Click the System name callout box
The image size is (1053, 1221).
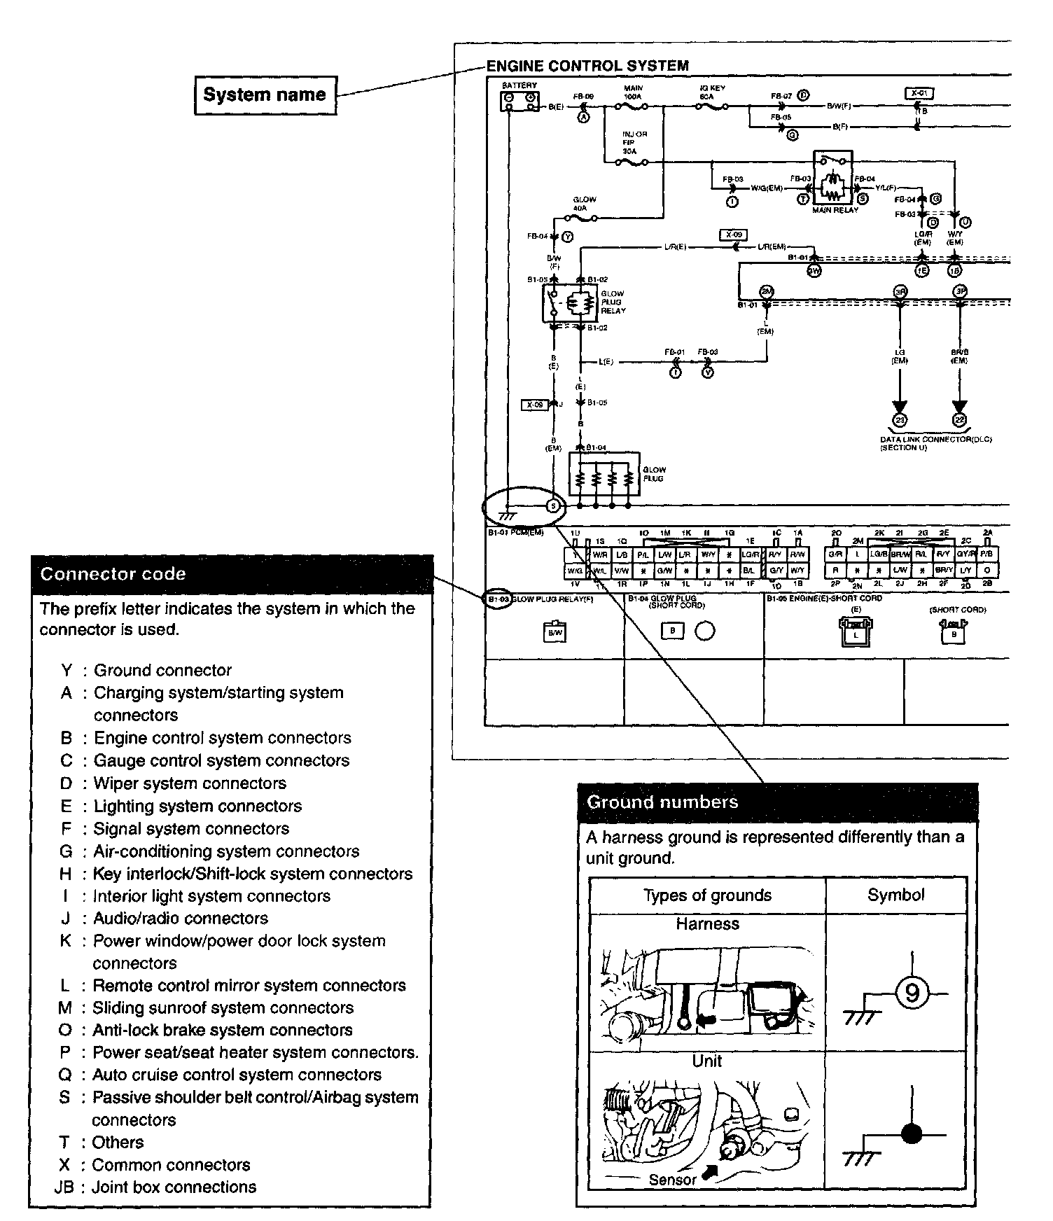265,95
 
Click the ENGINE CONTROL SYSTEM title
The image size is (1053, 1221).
587,67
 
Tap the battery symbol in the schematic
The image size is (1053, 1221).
519,101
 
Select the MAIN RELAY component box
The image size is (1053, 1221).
832,178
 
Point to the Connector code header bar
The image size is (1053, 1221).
232,575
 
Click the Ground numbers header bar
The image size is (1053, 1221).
776,802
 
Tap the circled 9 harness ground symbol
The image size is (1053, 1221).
912,993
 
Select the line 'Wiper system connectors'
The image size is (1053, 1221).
190,783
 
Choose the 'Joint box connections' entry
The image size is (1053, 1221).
174,1187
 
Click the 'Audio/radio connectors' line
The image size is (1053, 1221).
181,918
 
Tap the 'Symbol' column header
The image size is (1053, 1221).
895,895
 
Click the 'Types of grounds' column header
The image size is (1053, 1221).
707,895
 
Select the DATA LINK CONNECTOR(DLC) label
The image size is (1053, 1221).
935,440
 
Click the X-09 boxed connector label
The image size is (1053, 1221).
734,235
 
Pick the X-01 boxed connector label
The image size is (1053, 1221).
919,93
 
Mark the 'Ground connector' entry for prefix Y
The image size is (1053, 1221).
162,671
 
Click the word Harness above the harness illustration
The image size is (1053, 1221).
707,924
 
